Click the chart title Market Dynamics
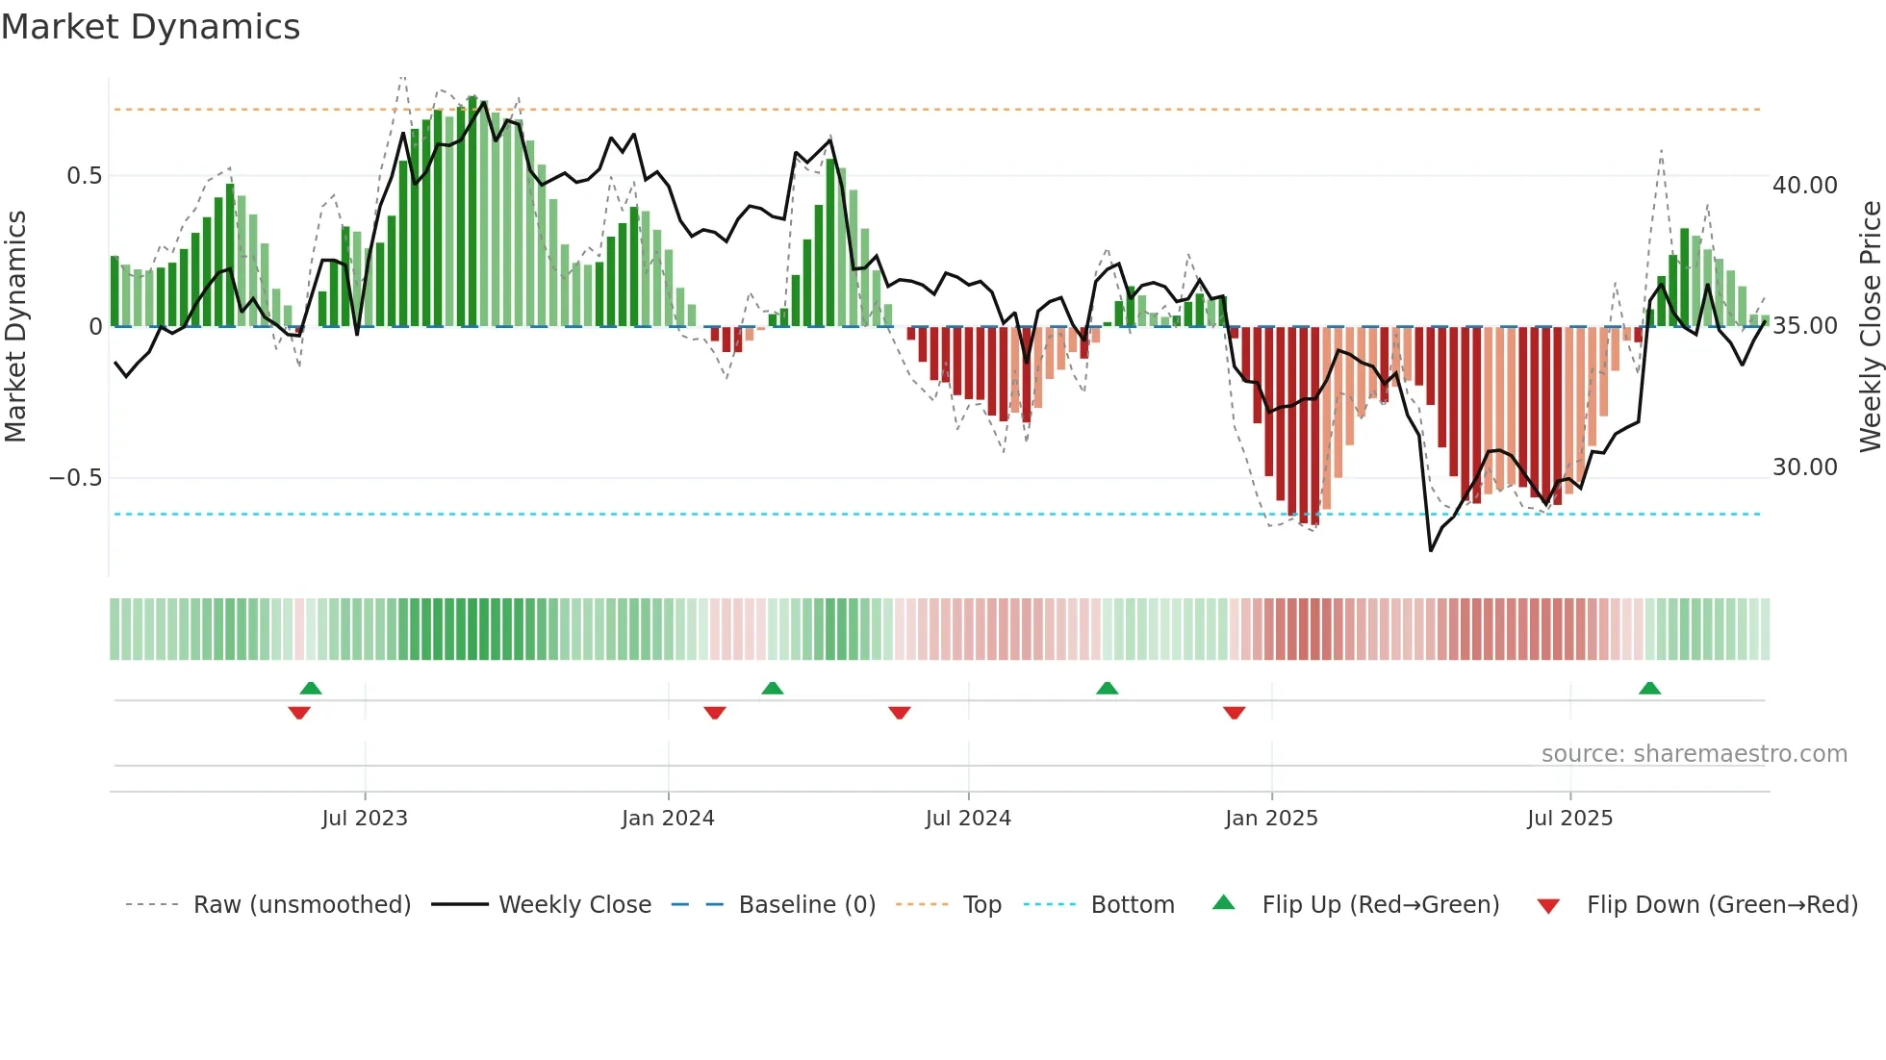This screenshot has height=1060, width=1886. pyautogui.click(x=150, y=27)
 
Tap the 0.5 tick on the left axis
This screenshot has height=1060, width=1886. pyautogui.click(x=84, y=176)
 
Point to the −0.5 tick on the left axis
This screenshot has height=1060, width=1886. pyautogui.click(x=75, y=478)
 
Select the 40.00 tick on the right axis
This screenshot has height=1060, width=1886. pyautogui.click(x=1804, y=185)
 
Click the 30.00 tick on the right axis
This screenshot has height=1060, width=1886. pyautogui.click(x=1804, y=467)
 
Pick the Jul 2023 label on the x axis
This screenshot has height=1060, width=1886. pyautogui.click(x=365, y=819)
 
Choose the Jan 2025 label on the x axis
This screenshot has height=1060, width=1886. pyautogui.click(x=1271, y=819)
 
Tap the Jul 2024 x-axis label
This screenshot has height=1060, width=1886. pyautogui.click(x=968, y=819)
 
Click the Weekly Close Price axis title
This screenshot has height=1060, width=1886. pyautogui.click(x=1870, y=326)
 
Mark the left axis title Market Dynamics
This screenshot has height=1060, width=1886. pyautogui.click(x=15, y=326)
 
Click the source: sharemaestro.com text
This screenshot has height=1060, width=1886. pyautogui.click(x=1694, y=754)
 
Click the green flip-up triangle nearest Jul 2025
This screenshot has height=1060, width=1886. pyautogui.click(x=1649, y=688)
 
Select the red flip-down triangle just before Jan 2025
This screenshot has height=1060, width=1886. pyautogui.click(x=1235, y=713)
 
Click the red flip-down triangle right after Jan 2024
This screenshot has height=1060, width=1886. pyautogui.click(x=715, y=713)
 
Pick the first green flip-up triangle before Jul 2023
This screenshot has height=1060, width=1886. pyautogui.click(x=311, y=688)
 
